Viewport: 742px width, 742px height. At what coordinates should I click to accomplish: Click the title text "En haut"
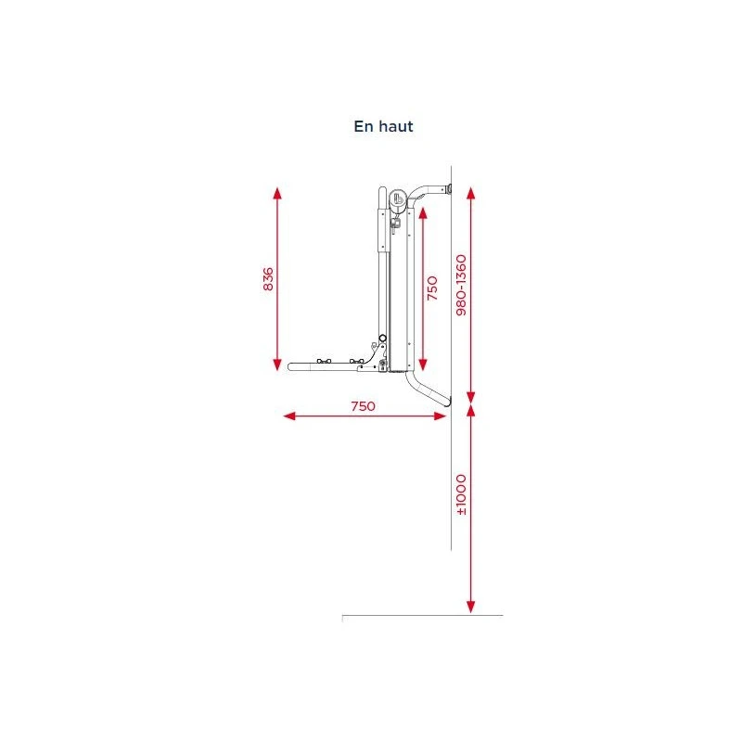383,127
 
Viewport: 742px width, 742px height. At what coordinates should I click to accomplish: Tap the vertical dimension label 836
268,279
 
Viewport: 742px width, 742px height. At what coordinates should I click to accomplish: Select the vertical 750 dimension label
431,288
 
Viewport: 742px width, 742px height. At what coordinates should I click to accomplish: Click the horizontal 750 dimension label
363,406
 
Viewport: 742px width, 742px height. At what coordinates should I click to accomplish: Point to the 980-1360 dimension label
461,284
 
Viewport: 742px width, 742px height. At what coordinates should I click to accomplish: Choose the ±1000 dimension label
461,495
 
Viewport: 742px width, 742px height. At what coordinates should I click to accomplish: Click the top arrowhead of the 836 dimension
277,192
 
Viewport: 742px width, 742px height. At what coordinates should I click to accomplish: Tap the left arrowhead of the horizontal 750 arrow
288,416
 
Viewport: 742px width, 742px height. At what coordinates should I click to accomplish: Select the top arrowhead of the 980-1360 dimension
471,193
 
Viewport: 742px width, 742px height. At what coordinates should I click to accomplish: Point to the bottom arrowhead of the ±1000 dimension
471,607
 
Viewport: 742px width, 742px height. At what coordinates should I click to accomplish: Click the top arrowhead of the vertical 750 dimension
422,211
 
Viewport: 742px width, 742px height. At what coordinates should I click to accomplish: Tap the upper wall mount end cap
448,190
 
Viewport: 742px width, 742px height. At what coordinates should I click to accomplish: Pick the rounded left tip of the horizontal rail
292,367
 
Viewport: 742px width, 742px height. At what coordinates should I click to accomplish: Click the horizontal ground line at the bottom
422,615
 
